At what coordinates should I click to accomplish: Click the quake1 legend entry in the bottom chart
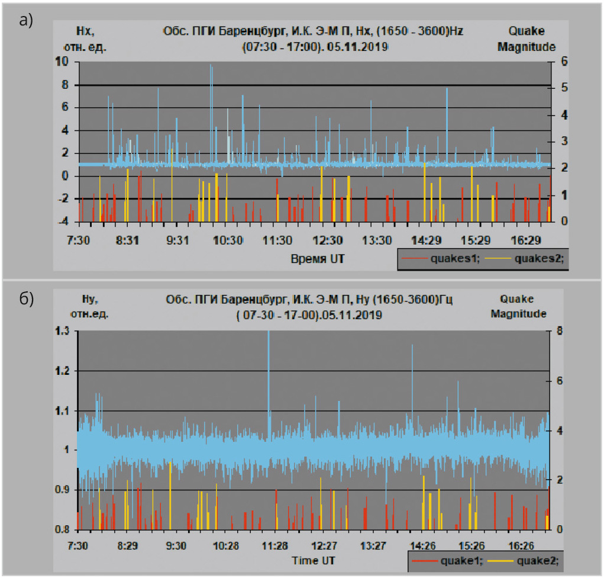pos(458,560)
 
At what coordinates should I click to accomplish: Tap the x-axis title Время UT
pos(317,259)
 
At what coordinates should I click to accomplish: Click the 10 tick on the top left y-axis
pos(62,62)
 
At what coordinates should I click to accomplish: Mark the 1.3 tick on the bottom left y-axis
pos(63,332)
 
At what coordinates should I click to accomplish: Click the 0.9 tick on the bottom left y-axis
pos(63,490)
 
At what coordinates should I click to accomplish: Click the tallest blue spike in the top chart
pos(211,67)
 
